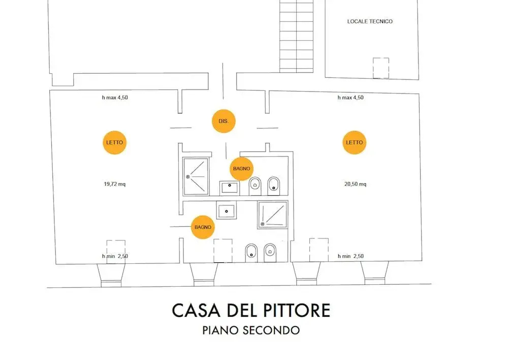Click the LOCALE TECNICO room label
click(370, 21)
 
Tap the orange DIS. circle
click(224, 121)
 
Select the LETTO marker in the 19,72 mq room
click(115, 142)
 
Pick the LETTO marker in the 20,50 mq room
click(355, 142)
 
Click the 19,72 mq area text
click(114, 184)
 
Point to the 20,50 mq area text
click(355, 184)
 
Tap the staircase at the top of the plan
click(297, 36)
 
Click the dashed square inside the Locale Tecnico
click(380, 68)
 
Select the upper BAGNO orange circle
click(241, 169)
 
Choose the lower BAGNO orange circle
click(203, 227)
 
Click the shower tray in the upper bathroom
click(196, 176)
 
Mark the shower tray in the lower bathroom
click(273, 215)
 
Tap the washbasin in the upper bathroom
click(230, 188)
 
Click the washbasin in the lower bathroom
click(227, 210)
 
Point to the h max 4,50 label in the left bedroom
click(115, 97)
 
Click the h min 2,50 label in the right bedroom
click(351, 256)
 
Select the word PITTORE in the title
click(297, 310)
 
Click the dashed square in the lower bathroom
click(223, 251)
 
